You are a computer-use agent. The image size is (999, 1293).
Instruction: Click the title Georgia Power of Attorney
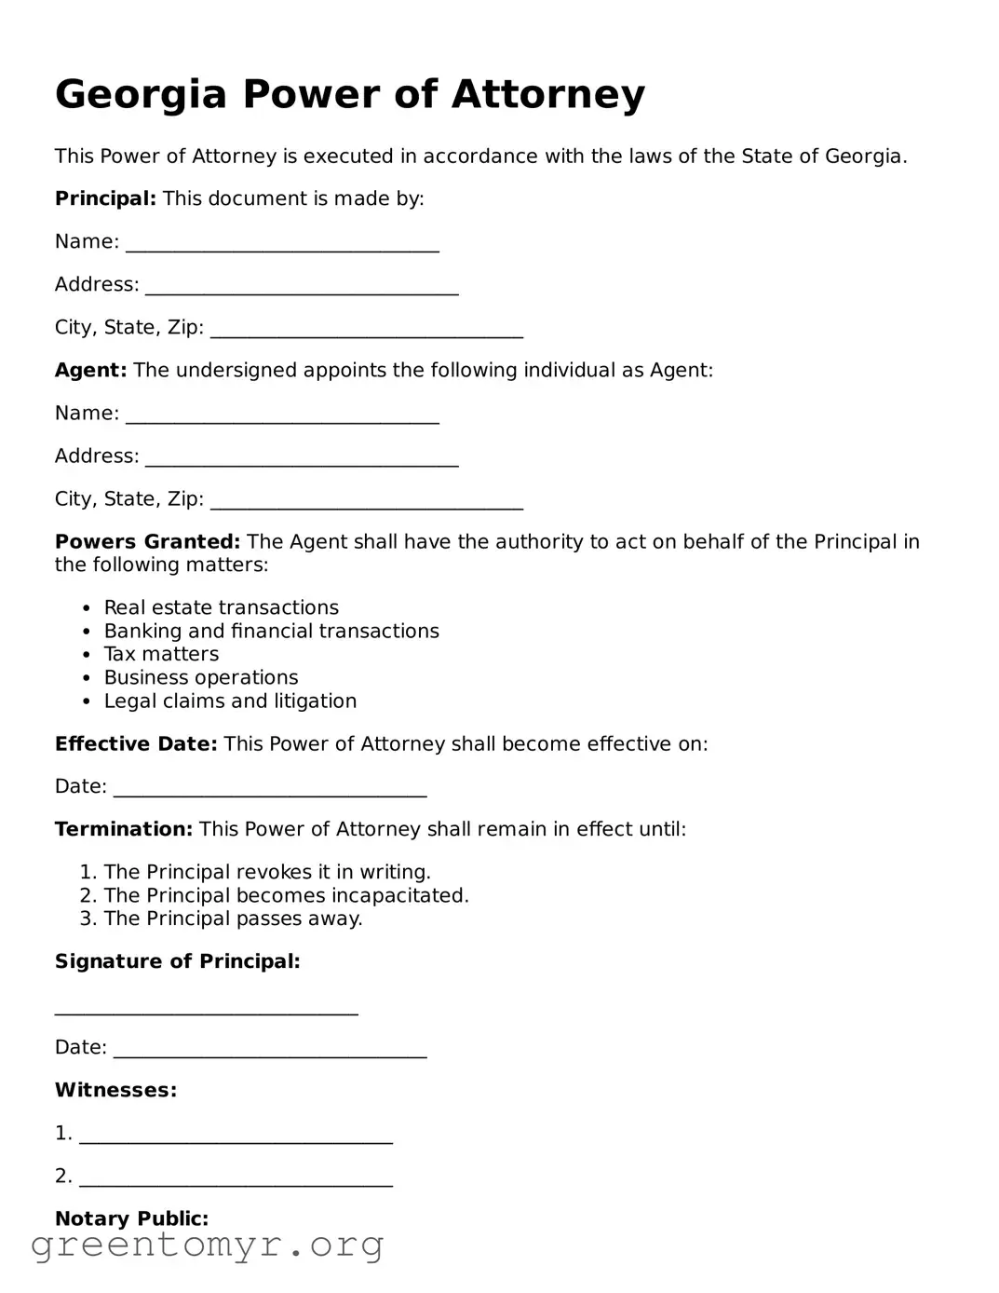tap(349, 94)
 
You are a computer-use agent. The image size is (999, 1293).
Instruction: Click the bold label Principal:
tap(105, 198)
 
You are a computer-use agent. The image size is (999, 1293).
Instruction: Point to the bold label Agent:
tap(90, 370)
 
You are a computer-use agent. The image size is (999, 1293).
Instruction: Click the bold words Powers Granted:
tap(147, 541)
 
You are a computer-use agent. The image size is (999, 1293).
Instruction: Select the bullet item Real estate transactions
tap(221, 607)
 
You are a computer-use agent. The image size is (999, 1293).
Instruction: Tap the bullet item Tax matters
tap(161, 654)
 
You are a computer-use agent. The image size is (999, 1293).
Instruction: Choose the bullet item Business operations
tap(200, 677)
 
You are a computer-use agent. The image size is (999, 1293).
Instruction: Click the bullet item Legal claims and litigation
tap(230, 701)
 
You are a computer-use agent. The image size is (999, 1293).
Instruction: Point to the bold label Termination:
tap(123, 828)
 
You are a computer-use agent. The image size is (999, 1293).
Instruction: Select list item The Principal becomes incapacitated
tap(286, 895)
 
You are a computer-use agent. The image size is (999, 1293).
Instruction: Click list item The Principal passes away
tap(233, 919)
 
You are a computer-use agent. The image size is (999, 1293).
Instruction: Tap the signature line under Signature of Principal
tap(206, 1009)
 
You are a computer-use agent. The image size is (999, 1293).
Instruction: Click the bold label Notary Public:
tap(131, 1218)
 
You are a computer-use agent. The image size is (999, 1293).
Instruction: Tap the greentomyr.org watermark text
tap(207, 1245)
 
